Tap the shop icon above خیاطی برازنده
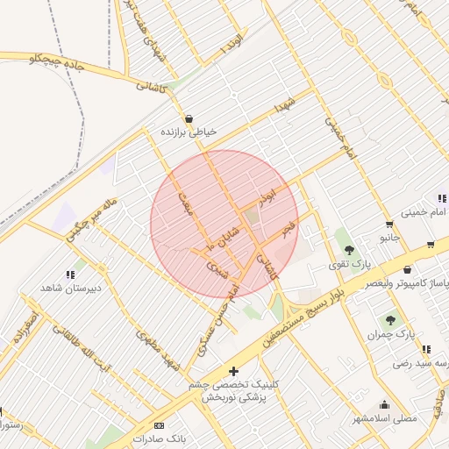(x=188, y=118)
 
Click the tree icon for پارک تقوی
(x=349, y=250)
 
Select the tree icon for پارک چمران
(x=390, y=320)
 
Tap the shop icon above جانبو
(x=388, y=224)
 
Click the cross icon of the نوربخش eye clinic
(x=232, y=372)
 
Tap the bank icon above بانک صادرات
(x=158, y=424)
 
